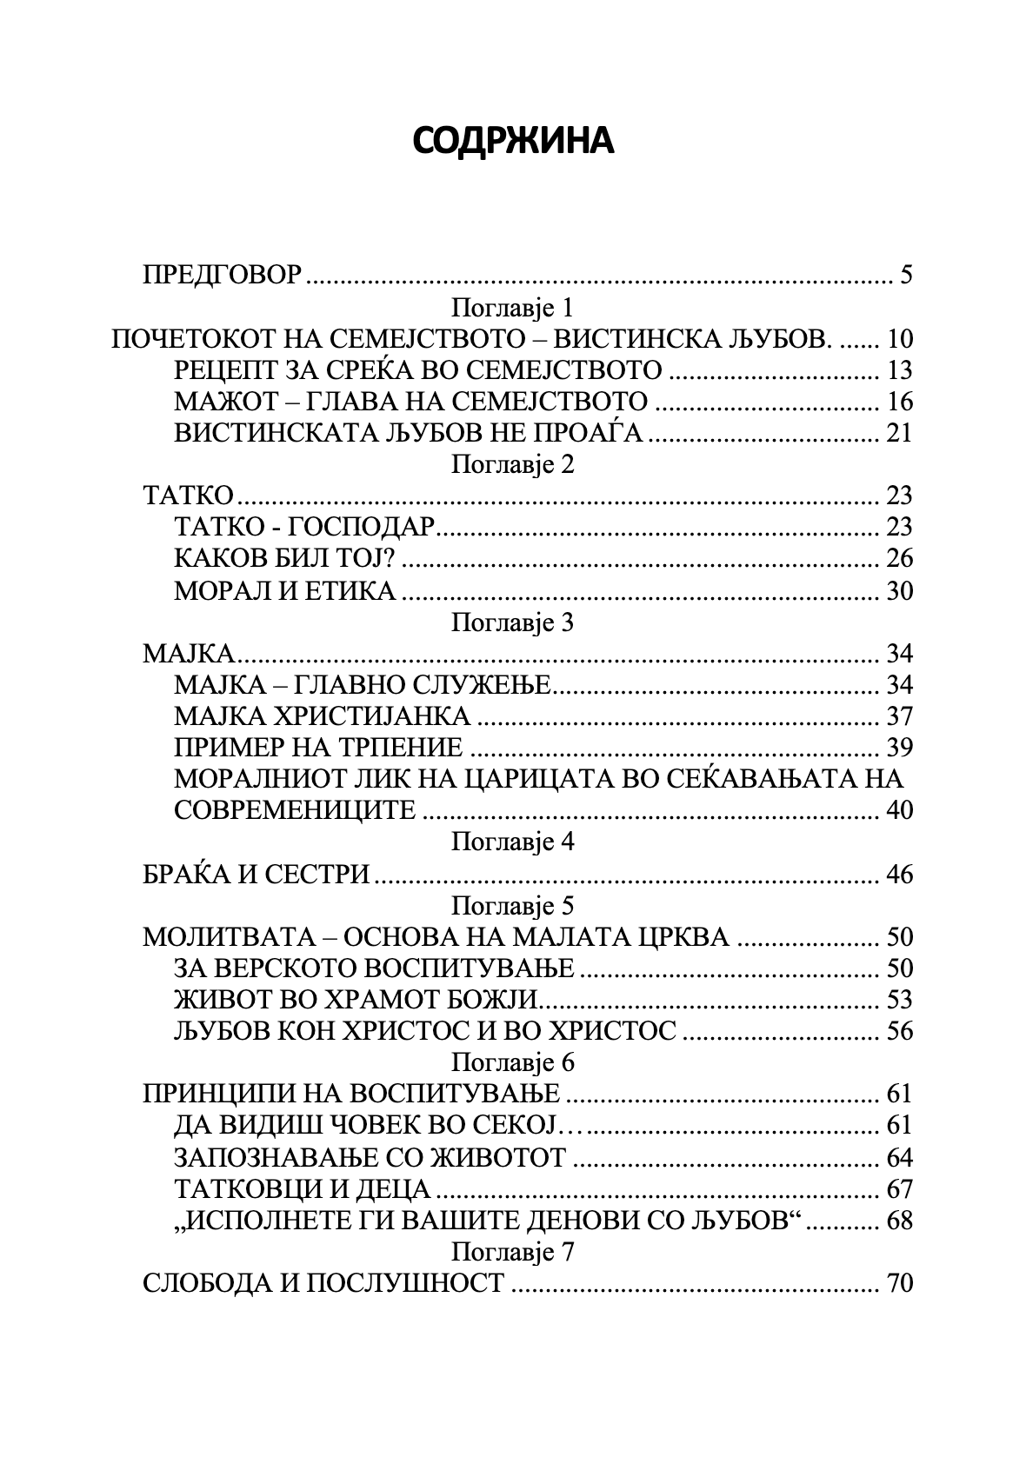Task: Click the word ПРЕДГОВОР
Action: point(222,276)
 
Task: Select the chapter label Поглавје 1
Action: point(512,308)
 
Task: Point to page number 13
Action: point(899,370)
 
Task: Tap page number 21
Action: point(899,433)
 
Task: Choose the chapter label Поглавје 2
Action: point(512,464)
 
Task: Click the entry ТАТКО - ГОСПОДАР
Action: point(303,527)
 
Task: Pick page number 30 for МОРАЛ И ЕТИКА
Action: point(899,591)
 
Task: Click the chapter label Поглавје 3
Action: point(512,622)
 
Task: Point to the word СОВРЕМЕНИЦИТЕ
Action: point(296,810)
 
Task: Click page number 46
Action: point(899,874)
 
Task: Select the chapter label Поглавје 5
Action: point(512,906)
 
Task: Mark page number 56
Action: point(899,1031)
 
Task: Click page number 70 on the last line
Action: point(899,1283)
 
